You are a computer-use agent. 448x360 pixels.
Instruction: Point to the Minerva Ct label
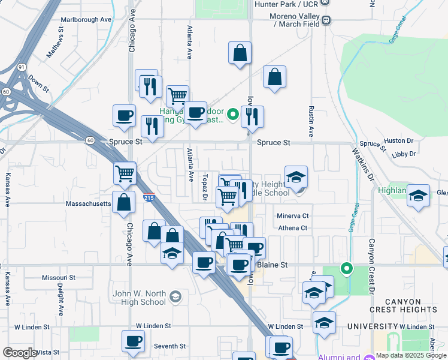point(292,216)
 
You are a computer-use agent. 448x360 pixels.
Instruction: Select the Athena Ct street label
point(292,228)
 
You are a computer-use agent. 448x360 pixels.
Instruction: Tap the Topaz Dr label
point(205,187)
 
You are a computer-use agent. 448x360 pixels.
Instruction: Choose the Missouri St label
point(59,278)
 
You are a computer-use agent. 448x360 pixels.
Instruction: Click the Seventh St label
point(169,346)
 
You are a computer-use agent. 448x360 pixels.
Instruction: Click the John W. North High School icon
point(175,296)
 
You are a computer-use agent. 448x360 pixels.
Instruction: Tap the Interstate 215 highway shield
point(150,197)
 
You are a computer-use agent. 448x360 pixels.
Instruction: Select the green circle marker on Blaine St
point(346,268)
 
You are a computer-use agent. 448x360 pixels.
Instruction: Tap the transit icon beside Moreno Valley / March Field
point(326,20)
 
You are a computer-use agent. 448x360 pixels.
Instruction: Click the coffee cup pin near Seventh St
point(133,341)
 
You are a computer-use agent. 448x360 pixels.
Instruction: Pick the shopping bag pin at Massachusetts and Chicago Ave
point(123,203)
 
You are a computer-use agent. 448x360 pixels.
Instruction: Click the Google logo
point(20,353)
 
